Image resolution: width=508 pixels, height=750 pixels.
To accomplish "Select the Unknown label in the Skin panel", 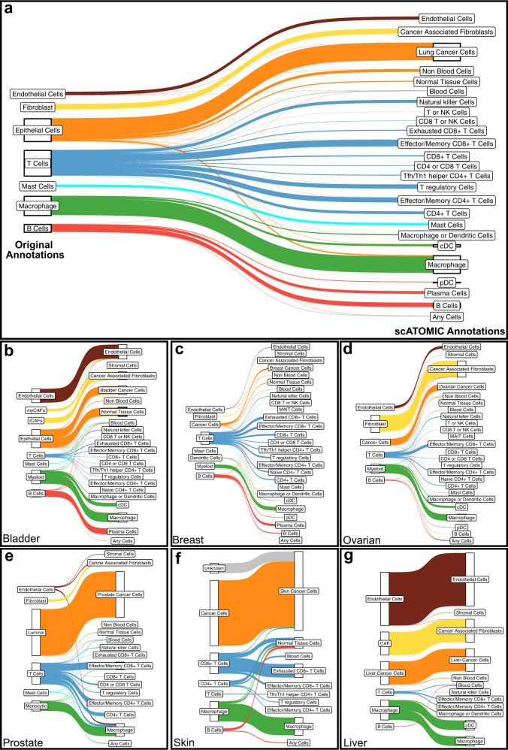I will click(214, 569).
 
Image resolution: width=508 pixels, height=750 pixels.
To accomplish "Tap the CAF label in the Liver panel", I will click(384, 643).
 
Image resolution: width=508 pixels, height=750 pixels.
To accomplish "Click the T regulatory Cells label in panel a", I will click(446, 186).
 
